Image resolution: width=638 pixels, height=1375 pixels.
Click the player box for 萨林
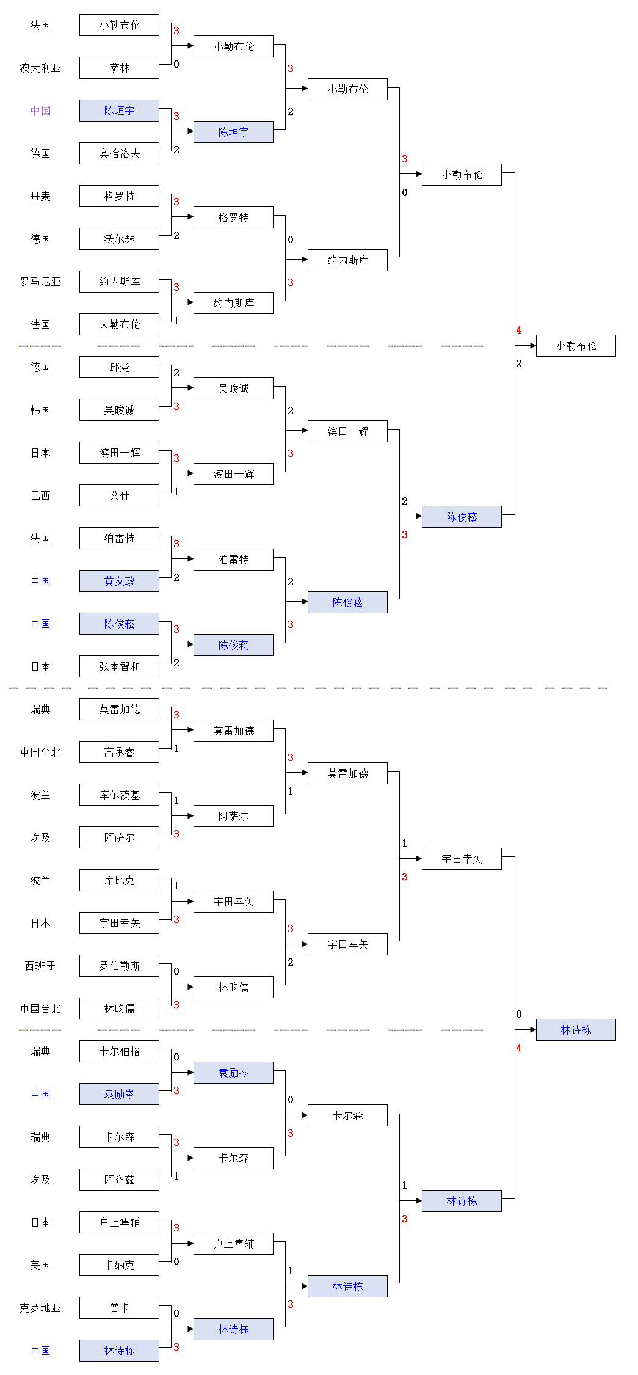coord(119,68)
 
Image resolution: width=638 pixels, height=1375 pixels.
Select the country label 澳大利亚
coord(40,68)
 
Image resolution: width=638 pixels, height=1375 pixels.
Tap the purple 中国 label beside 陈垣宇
coord(40,111)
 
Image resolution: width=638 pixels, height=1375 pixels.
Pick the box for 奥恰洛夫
coord(119,153)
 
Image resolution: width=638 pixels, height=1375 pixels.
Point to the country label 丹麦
coord(40,196)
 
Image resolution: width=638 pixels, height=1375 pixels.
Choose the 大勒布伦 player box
coord(119,324)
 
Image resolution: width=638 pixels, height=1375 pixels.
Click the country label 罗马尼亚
coord(40,282)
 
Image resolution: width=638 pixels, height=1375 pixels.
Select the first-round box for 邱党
coord(119,367)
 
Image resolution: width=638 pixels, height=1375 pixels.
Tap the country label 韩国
coord(40,410)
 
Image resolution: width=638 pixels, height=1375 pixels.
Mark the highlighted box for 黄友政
coord(119,581)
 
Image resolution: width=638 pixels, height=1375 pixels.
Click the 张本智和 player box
coord(119,666)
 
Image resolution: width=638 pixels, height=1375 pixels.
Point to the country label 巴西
coord(40,495)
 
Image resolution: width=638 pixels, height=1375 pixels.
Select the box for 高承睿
coord(119,752)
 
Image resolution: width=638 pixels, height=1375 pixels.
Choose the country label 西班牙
coord(40,966)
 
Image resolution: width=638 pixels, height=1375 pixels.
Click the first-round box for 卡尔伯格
coord(119,1051)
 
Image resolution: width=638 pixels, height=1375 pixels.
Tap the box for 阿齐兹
coord(119,1180)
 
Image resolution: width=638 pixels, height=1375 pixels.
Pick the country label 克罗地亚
coord(40,1308)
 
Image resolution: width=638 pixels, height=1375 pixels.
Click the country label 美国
coord(40,1265)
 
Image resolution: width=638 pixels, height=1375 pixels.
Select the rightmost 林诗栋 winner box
coord(576,1030)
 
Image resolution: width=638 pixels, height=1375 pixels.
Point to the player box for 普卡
coord(119,1308)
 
